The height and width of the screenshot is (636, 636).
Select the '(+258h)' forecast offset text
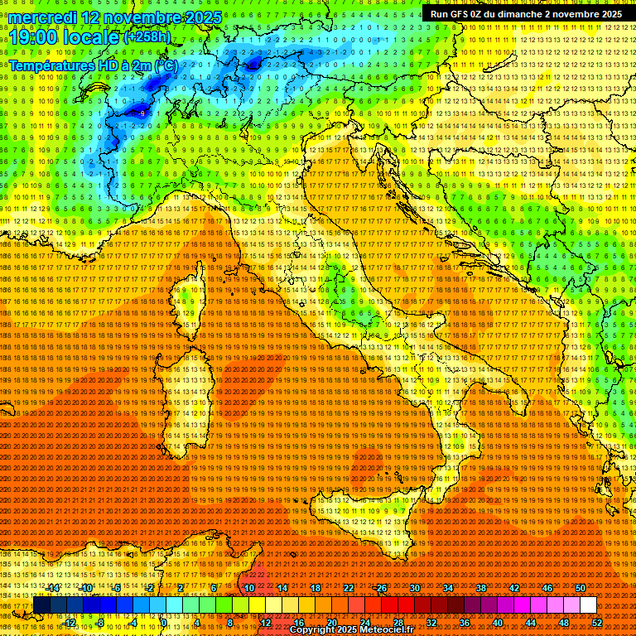pyautogui.click(x=147, y=36)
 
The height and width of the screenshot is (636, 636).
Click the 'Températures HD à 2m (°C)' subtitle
pyautogui.click(x=93, y=65)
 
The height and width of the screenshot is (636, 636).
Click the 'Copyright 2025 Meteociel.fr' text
pyautogui.click(x=357, y=629)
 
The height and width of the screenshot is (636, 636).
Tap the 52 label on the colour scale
pyautogui.click(x=597, y=623)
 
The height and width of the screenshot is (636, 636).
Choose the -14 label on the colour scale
pyautogui.click(x=55, y=588)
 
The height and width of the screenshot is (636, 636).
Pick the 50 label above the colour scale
pyautogui.click(x=581, y=588)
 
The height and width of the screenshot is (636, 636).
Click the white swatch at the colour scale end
pyautogui.click(x=588, y=605)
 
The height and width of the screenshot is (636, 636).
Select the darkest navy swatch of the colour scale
pyautogui.click(x=41, y=605)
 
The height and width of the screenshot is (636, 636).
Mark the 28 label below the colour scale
pyautogui.click(x=398, y=623)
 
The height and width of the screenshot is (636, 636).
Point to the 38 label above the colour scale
pyautogui.click(x=481, y=588)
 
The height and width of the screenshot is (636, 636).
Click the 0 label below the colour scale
pyautogui.click(x=163, y=623)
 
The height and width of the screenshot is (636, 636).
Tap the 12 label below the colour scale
pyautogui.click(x=266, y=623)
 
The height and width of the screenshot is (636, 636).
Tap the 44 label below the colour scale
pyautogui.click(x=531, y=623)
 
